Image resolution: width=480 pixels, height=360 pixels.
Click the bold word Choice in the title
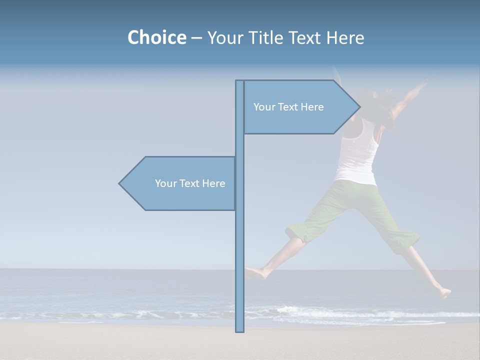coord(156,37)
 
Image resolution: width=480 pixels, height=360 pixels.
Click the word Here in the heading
coord(345,37)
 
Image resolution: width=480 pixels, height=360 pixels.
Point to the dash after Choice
coord(196,38)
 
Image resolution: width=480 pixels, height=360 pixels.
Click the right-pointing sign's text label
coord(288,107)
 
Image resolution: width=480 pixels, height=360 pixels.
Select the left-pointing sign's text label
coord(190,183)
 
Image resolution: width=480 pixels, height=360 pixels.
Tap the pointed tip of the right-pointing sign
coord(359,107)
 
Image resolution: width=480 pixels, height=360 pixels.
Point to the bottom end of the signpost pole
coord(239,330)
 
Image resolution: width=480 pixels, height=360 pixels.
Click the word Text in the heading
coord(307,37)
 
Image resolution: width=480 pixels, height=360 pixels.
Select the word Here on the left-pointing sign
coord(213,183)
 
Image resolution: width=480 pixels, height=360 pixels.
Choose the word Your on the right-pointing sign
coord(264,107)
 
